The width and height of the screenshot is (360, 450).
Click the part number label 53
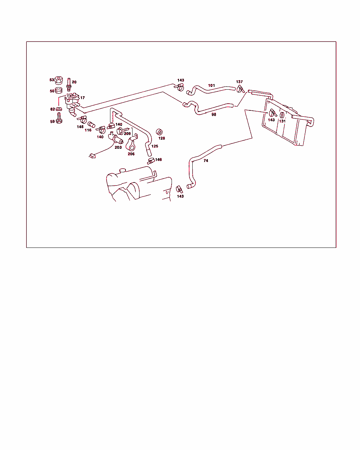coord(52,80)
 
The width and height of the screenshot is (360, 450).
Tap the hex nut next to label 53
coord(59,80)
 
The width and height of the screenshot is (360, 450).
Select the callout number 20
coord(74,82)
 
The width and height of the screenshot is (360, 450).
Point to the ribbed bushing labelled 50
coord(59,90)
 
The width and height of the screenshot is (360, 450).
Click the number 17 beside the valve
coord(82,98)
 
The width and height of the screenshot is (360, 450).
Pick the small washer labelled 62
coord(59,109)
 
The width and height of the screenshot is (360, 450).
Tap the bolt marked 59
coord(59,118)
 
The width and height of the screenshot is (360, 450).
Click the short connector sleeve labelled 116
coord(91,124)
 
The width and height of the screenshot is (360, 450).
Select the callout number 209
coord(127,134)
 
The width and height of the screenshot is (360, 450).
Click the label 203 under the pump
coord(118,147)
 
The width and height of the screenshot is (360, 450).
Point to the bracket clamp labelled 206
coord(131,143)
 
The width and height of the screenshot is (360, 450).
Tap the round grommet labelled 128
coord(159,132)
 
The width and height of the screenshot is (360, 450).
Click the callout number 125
coord(155,146)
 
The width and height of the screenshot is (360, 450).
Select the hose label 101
coord(212,85)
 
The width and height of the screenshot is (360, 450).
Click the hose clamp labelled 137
coord(240,89)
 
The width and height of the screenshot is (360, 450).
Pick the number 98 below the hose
coord(214,115)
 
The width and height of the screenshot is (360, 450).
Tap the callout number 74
coord(206,161)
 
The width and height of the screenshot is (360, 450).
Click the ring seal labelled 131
coord(282,115)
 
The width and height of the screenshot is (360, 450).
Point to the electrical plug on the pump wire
coord(92,156)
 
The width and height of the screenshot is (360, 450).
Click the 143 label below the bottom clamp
coord(180,197)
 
